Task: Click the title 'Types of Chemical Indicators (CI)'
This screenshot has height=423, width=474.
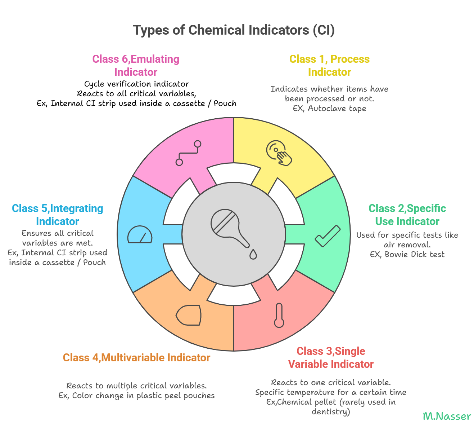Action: point(234,30)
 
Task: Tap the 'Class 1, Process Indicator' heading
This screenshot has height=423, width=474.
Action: point(329,65)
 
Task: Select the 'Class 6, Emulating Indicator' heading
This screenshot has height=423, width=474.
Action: point(136,65)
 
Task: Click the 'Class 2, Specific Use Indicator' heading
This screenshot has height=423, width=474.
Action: point(407,215)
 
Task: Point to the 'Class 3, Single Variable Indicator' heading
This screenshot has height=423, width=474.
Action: point(331,357)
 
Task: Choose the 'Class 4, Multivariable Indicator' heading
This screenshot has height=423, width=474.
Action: point(136,357)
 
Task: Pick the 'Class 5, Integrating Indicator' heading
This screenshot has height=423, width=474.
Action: point(58,215)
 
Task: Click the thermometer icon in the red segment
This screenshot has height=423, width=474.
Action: point(279,316)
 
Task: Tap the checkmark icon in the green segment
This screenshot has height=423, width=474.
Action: point(328,236)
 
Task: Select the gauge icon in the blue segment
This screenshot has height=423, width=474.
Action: point(140,235)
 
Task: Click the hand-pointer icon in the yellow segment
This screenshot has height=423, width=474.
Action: point(279,153)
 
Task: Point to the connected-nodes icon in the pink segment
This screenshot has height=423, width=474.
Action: point(188,153)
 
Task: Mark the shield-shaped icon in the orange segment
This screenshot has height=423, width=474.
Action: point(189,316)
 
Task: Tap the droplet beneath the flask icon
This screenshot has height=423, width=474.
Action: point(253,254)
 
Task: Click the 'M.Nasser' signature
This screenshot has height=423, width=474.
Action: point(447,416)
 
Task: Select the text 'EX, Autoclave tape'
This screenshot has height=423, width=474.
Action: point(329,109)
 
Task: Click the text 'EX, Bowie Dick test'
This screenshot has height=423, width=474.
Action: point(407,255)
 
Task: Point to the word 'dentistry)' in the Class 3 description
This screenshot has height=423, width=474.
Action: point(331,411)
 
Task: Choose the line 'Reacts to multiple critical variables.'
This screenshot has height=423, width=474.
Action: point(136,386)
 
